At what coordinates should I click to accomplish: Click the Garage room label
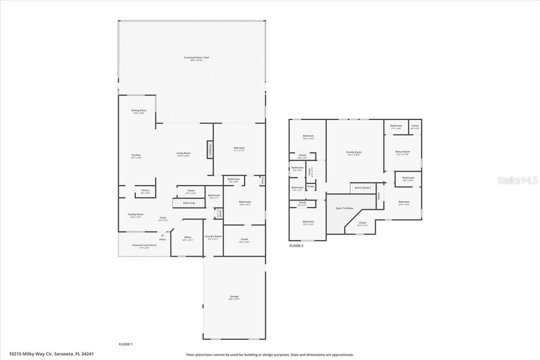point(234,297)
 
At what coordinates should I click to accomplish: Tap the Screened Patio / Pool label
point(197,58)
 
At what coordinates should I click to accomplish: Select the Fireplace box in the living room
point(210,149)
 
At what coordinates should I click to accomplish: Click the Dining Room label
point(139,111)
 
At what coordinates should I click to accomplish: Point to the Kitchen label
point(136,156)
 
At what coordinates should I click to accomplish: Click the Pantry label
point(145,191)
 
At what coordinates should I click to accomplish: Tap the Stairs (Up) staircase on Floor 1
point(189,203)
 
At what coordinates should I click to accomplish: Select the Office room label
point(188,238)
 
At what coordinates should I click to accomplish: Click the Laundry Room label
point(213,237)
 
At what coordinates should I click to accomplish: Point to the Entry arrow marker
point(162,235)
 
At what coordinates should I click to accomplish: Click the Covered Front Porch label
point(144,246)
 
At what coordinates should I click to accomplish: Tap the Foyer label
point(163,218)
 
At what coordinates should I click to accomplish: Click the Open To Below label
point(345,208)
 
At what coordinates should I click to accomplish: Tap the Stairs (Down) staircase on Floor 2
point(363,188)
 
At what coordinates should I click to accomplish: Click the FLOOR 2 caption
point(297,246)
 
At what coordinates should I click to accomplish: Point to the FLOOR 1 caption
point(126,344)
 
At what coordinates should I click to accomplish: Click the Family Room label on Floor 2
point(354,153)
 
